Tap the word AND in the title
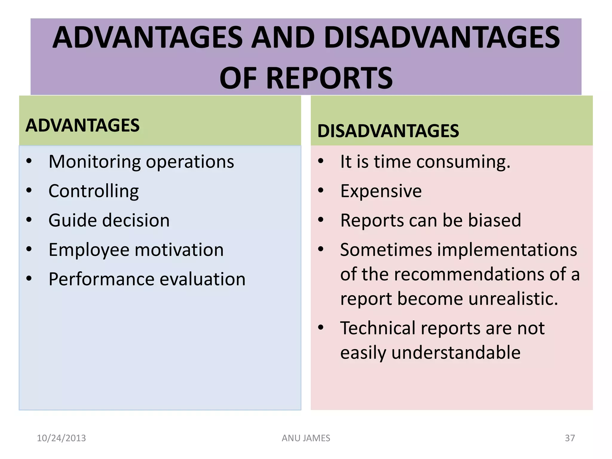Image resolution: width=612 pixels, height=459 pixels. coord(283,38)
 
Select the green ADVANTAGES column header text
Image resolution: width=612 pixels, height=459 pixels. coord(82,125)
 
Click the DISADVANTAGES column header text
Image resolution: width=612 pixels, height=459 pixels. coord(388,131)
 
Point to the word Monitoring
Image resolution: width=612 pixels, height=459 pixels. coord(94,162)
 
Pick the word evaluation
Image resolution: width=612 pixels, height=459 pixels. coord(203,279)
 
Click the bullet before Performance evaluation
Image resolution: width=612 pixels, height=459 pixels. coord(29,279)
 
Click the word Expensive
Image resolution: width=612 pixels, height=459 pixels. coord(381,191)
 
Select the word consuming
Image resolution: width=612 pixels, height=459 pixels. coord(463,162)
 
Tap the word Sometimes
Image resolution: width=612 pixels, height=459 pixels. coord(386,250)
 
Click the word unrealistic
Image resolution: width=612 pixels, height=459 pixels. coord(513,299)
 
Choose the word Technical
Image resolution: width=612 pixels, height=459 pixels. coord(378,328)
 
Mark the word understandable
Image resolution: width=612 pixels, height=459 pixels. coord(456,353)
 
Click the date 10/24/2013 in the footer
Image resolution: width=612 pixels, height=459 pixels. coord(61,438)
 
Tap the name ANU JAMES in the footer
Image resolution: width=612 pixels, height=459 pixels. coord(306,438)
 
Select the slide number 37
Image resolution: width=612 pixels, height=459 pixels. coord(570,438)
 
